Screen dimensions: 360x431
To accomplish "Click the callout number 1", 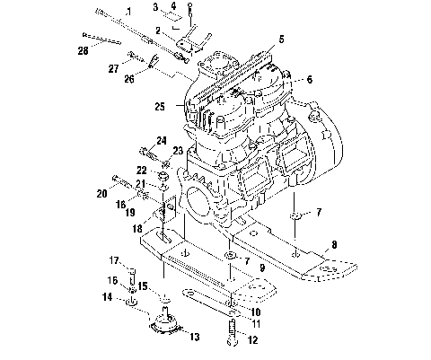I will [128, 12].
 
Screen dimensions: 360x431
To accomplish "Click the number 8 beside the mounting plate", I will [333, 243].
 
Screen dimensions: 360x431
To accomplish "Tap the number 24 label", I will [162, 139].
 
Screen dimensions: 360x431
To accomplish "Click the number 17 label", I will [114, 260].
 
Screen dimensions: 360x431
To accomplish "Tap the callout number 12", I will [252, 339].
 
